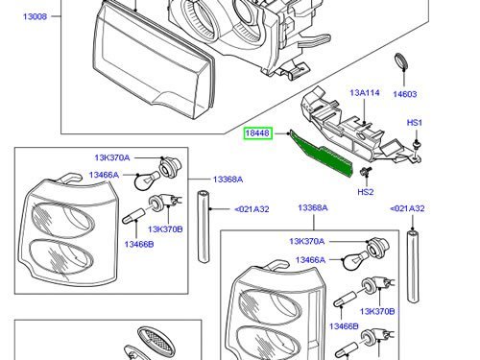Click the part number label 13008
coord(36,16)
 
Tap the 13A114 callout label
coord(365,93)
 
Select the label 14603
coord(405,94)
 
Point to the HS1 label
coord(415,123)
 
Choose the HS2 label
coord(366,192)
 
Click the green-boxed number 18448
coord(258,132)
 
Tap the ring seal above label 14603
coord(401,61)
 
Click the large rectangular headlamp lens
coord(154,60)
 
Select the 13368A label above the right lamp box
coord(313,208)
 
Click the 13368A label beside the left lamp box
coord(228,180)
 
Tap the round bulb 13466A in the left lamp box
coord(146,180)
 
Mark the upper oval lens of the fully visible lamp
coord(63,220)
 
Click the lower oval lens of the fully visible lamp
coord(61,256)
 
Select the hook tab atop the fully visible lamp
coord(69,178)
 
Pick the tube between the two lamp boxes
coord(204,227)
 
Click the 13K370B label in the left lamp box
coord(165,229)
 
